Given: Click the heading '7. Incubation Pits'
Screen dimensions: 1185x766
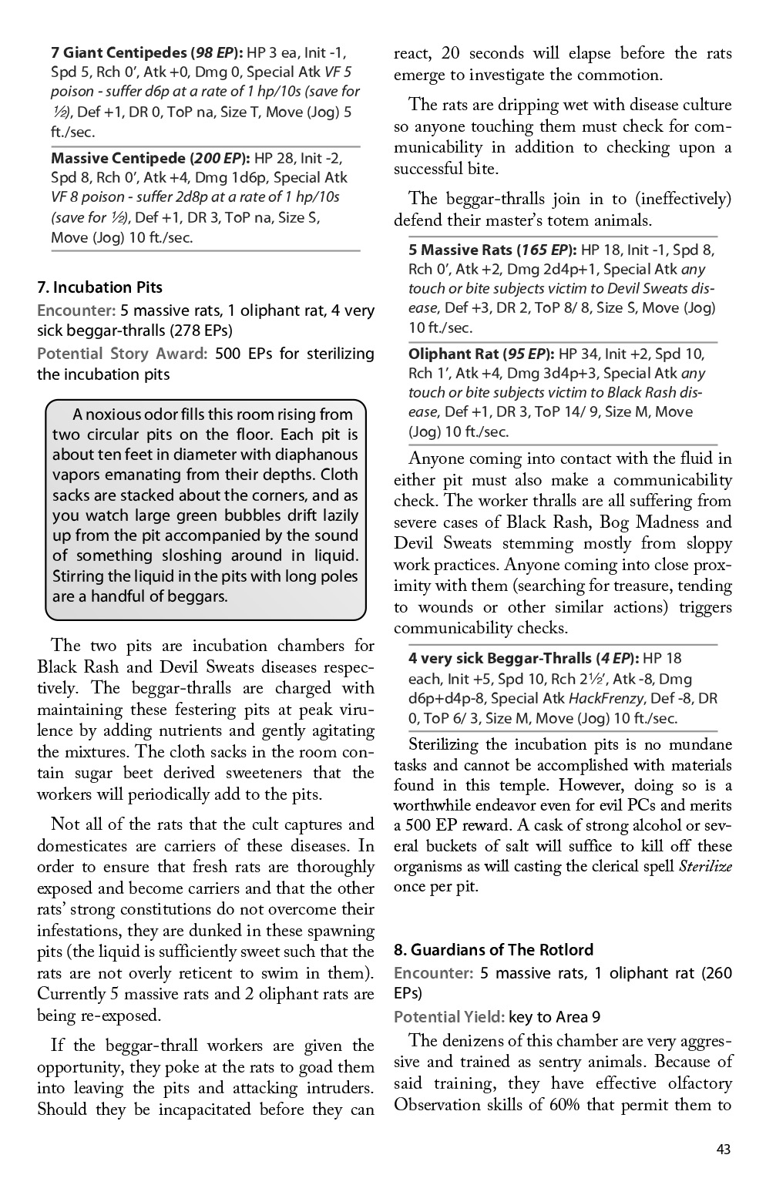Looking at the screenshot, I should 100,287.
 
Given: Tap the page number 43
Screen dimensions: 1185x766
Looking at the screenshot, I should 723,1150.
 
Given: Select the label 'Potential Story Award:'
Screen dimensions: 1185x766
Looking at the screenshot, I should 122,354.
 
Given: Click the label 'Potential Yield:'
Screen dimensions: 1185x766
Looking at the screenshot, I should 449,1017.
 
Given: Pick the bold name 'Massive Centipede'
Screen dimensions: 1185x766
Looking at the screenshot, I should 118,159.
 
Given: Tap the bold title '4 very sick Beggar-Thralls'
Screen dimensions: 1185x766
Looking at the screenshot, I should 499,659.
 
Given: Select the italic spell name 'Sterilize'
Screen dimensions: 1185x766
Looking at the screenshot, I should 704,866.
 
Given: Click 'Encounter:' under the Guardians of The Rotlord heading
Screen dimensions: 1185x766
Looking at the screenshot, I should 432,973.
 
